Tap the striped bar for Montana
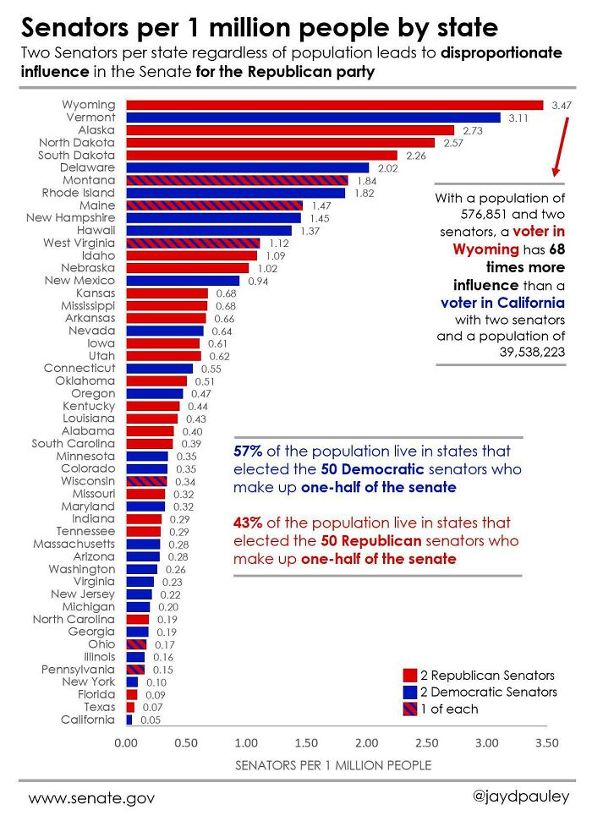pyautogui.click(x=236, y=181)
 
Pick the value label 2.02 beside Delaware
pyautogui.click(x=386, y=168)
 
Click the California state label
pyautogui.click(x=87, y=720)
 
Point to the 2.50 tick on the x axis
pyautogui.click(x=426, y=743)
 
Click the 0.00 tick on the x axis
pyautogui.click(x=125, y=743)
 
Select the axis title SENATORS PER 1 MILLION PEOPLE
pyautogui.click(x=332, y=765)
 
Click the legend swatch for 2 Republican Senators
pyautogui.click(x=410, y=676)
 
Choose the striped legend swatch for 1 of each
pyautogui.click(x=410, y=709)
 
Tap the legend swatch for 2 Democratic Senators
pyautogui.click(x=410, y=692)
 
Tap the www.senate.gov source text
pyautogui.click(x=91, y=798)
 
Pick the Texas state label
pyautogui.click(x=99, y=707)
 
